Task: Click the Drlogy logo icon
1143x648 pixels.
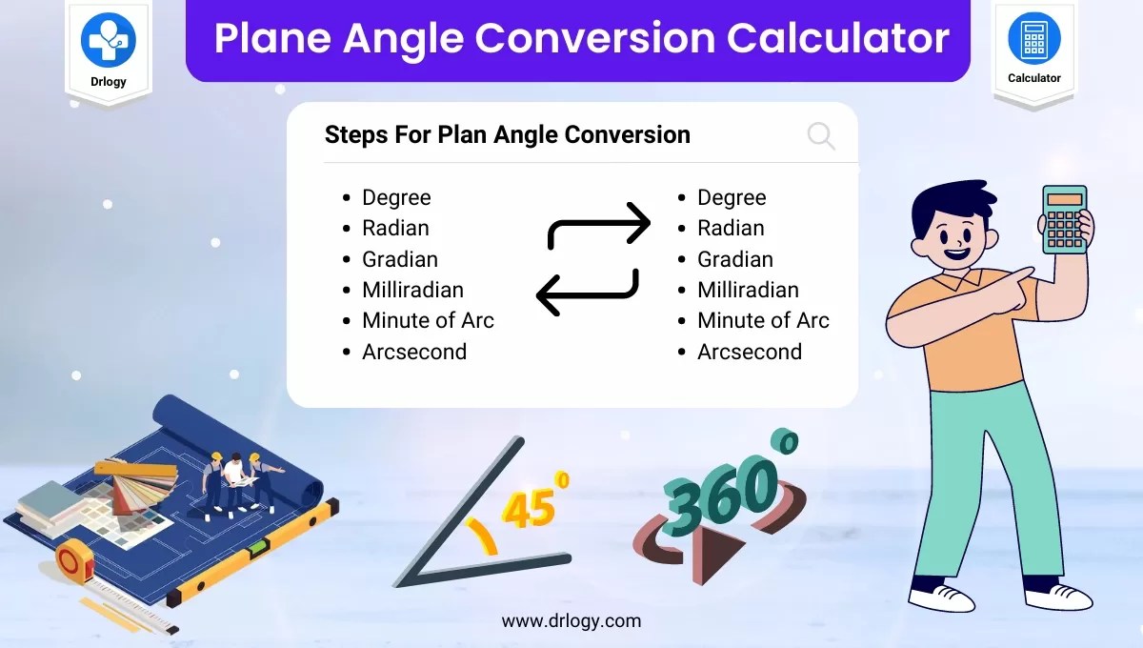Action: point(109,40)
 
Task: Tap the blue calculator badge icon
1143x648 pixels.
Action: point(1033,38)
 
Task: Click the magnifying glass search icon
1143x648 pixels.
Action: point(821,136)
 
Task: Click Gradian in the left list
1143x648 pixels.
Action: point(400,259)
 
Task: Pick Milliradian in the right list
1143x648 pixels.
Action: point(748,290)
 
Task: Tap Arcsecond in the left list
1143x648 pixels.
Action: point(414,352)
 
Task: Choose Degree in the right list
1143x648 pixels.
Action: point(732,198)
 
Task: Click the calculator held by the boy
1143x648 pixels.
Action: point(1065,219)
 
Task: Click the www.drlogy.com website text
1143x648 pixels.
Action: point(571,621)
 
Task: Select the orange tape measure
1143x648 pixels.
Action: point(74,560)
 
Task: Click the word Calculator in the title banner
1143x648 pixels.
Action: point(838,38)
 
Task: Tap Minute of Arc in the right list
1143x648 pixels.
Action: point(763,321)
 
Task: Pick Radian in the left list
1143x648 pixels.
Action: point(395,229)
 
